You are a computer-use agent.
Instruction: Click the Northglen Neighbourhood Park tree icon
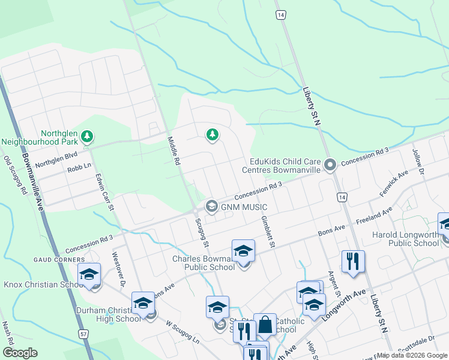[x=88, y=136]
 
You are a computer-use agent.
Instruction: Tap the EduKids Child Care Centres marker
[x=330, y=164]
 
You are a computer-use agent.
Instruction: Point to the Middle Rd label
[x=173, y=150]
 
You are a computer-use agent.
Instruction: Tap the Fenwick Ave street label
[x=393, y=184]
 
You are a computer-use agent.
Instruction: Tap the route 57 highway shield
[x=83, y=332]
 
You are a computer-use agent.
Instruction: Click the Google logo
[x=20, y=352]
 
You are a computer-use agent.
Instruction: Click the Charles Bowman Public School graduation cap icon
[x=243, y=251]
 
